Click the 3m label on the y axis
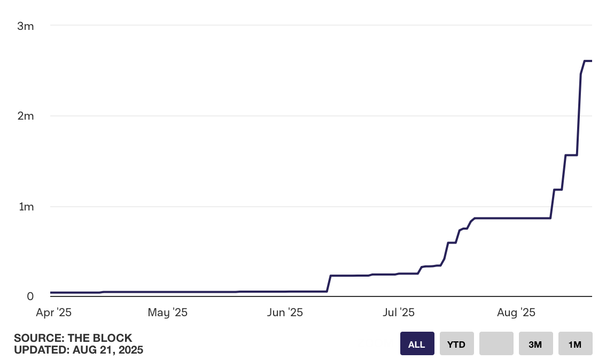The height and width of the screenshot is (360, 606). point(26,26)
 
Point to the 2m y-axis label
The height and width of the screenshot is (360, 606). point(26,116)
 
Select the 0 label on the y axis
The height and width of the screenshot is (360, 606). point(30,296)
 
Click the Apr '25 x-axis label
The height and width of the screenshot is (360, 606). point(53,312)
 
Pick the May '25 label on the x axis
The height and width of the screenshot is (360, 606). point(167,312)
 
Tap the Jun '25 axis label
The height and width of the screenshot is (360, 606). point(285,312)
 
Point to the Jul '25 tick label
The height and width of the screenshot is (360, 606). point(399,312)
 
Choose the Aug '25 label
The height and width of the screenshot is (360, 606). point(515,312)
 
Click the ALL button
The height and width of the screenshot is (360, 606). point(417,344)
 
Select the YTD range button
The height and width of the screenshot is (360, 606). point(456,344)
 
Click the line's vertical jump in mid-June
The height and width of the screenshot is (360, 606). point(329,283)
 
